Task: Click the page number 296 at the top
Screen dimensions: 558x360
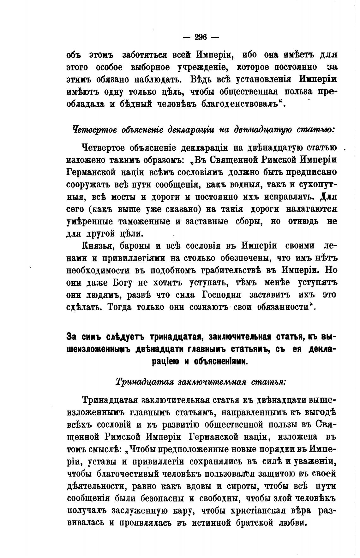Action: [x=201, y=38]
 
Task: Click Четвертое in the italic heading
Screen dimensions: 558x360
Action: [x=94, y=129]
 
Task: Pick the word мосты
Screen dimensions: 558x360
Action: [x=122, y=197]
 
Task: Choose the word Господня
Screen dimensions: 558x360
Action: [x=221, y=295]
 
